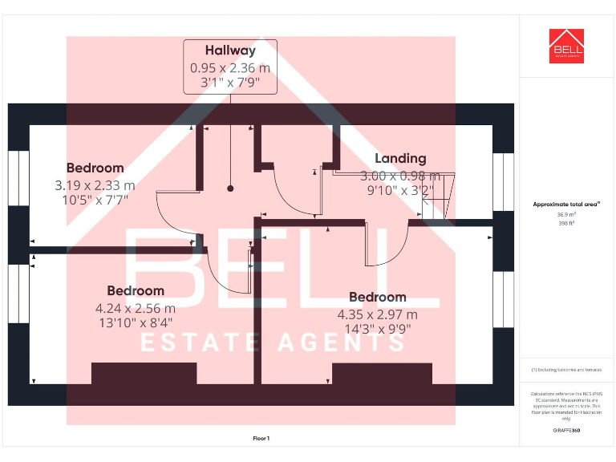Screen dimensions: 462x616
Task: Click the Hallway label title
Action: pos(230,51)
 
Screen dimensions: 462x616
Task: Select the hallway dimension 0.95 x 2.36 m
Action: pos(230,68)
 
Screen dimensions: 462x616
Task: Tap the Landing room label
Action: pos(400,158)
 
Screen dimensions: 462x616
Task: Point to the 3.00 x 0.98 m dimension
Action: pos(400,176)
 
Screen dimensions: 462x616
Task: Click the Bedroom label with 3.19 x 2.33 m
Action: pos(95,168)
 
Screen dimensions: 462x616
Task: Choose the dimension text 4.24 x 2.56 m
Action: pos(135,307)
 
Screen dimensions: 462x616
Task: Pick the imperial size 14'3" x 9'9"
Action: pos(377,329)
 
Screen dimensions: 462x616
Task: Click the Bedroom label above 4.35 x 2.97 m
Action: pos(377,297)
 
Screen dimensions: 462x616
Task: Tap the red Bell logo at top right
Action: pos(566,47)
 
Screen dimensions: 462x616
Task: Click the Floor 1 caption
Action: pos(261,439)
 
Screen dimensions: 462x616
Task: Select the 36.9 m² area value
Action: pos(566,215)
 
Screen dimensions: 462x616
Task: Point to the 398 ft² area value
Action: pos(566,224)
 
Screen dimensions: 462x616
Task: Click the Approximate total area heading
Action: pos(566,205)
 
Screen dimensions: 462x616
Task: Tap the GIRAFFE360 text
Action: pos(566,431)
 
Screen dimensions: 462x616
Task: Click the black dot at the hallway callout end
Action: pos(230,188)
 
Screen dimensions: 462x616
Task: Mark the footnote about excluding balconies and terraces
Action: pos(566,370)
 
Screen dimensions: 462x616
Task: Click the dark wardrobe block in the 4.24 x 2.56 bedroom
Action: pos(144,374)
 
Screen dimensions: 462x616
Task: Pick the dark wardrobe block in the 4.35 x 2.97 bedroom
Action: pos(382,374)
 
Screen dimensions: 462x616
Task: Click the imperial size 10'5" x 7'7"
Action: pos(95,199)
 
